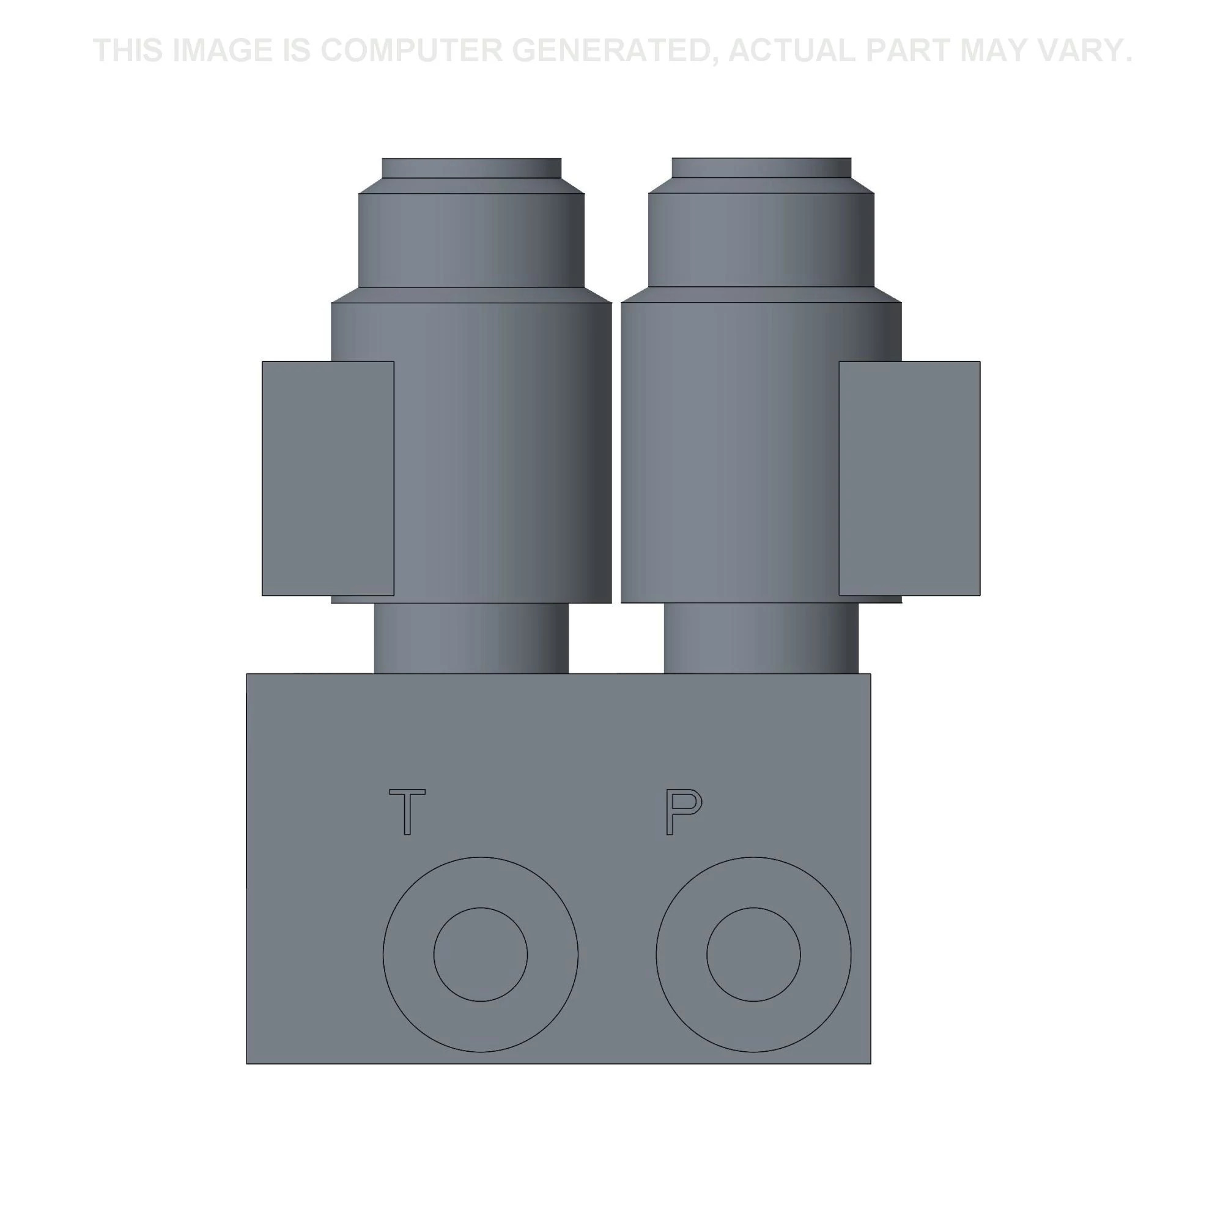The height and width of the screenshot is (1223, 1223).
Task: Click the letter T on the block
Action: [x=407, y=811]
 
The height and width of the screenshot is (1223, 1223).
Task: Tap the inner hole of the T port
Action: [x=481, y=955]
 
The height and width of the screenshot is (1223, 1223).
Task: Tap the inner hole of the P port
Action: [x=753, y=955]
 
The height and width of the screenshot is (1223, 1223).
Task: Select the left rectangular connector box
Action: [x=328, y=479]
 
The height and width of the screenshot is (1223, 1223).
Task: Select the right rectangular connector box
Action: [x=909, y=479]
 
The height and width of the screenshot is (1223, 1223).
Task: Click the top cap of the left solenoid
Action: [x=471, y=168]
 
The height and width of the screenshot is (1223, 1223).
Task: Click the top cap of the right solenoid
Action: [x=761, y=168]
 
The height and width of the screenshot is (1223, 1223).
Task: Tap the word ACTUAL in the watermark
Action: [x=791, y=51]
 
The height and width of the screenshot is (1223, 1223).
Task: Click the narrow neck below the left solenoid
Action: [x=471, y=638]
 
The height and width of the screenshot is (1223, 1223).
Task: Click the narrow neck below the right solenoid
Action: [x=761, y=638]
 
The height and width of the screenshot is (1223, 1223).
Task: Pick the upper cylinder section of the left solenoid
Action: [x=471, y=240]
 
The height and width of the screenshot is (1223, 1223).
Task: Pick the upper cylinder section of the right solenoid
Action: [x=761, y=240]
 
